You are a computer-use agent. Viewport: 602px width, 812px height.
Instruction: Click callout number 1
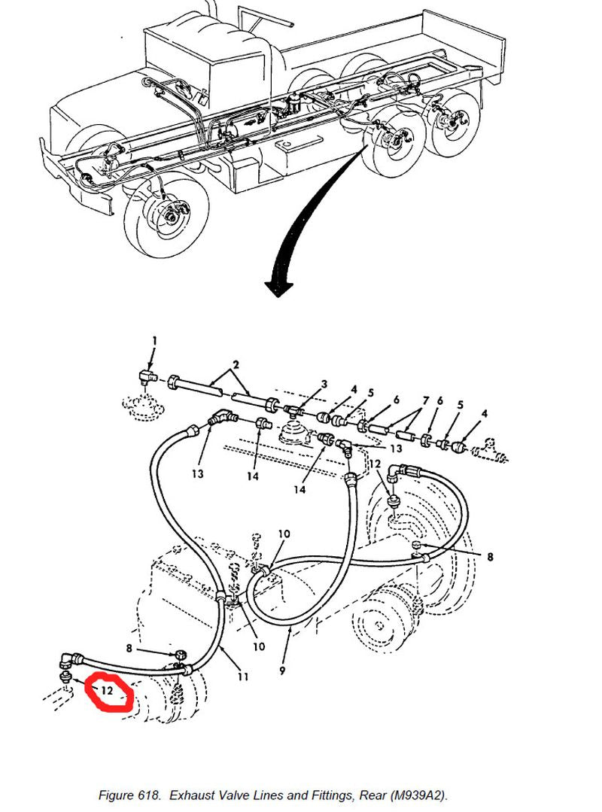point(154,342)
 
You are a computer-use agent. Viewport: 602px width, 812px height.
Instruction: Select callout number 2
point(236,365)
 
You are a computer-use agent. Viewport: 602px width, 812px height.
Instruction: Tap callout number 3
point(324,385)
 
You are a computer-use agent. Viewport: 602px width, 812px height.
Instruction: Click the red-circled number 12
point(107,690)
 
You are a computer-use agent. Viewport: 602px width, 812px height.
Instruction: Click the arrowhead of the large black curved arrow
point(278,287)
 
